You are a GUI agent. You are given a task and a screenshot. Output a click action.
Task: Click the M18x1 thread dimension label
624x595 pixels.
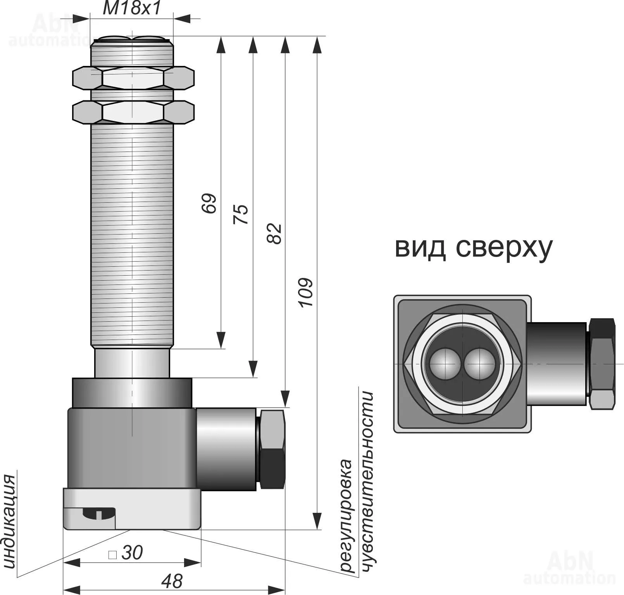coord(132,9)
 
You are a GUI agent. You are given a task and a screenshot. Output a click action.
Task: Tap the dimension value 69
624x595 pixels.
coord(209,203)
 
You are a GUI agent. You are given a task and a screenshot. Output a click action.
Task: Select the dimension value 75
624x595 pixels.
coord(241,214)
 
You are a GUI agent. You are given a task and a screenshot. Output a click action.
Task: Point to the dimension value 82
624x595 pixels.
coord(274,233)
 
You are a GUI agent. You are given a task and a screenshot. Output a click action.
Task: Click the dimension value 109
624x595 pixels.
coord(306,293)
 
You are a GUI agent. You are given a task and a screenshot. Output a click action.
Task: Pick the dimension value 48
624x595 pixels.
coord(172,581)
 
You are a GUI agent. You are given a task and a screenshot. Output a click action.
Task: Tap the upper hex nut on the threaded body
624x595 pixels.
coord(133,78)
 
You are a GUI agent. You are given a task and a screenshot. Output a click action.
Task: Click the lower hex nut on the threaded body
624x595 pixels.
coord(133,112)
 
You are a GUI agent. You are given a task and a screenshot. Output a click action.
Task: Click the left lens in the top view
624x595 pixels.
coord(445,364)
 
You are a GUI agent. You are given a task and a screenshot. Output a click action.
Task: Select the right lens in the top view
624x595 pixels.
coord(479,364)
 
